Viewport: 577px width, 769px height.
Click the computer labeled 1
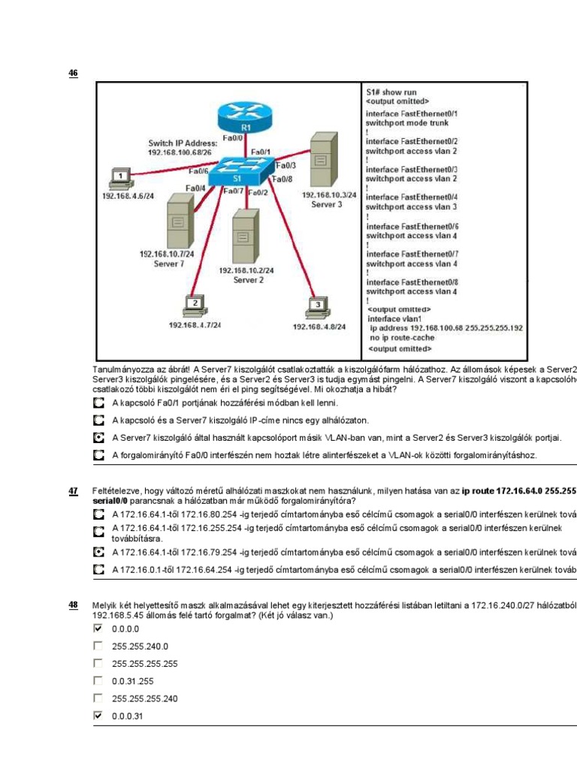(x=119, y=179)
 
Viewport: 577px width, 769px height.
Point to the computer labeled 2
(x=195, y=306)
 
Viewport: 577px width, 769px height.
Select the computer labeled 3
(x=319, y=308)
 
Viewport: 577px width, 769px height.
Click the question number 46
(x=73, y=73)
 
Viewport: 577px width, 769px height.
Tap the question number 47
(x=73, y=491)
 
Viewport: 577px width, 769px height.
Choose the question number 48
(x=73, y=604)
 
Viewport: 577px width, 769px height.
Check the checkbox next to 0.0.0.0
(x=98, y=629)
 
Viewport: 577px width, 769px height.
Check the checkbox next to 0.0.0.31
(x=98, y=716)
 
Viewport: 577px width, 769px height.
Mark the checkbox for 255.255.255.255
(x=98, y=664)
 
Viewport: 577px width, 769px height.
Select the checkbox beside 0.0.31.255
(x=98, y=681)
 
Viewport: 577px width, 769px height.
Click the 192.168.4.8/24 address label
(x=319, y=327)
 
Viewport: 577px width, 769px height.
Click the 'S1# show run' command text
(x=391, y=92)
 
